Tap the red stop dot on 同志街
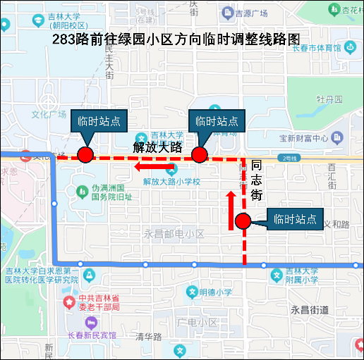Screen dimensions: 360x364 point(243,221)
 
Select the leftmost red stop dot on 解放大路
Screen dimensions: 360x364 point(85,155)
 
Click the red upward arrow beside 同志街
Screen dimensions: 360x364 point(231,210)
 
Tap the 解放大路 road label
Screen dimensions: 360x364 point(158,147)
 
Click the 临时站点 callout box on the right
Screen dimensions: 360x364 point(295,218)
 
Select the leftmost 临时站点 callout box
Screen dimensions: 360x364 point(98,120)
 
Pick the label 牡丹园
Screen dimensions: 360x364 point(329,99)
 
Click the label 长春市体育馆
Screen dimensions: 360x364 point(317,48)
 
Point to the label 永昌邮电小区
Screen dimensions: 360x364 point(174,234)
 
